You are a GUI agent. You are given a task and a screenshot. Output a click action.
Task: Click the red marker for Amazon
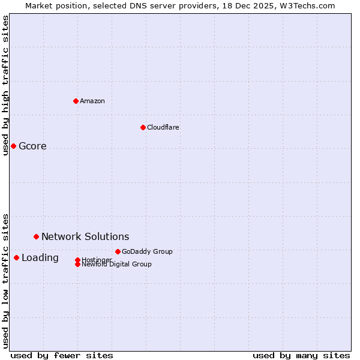(x=76, y=101)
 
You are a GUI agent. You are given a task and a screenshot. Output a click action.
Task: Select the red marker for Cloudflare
(x=143, y=127)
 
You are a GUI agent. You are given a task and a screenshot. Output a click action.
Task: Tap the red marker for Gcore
(x=13, y=146)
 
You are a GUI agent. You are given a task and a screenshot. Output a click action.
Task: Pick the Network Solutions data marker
(x=36, y=236)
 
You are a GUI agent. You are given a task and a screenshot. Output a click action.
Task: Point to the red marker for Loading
(x=16, y=257)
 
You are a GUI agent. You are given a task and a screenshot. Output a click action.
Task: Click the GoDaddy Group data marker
(x=118, y=251)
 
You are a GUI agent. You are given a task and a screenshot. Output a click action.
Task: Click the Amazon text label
(x=92, y=101)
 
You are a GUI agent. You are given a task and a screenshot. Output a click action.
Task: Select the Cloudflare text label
(x=163, y=127)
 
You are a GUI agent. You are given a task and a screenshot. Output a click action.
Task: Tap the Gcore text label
(x=32, y=146)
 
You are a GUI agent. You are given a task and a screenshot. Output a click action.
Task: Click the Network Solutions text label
(x=85, y=237)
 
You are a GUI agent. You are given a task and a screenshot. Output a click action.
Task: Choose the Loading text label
(x=40, y=258)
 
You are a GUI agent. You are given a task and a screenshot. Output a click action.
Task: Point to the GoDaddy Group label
(x=147, y=251)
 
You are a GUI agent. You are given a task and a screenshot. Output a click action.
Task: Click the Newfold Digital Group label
(x=117, y=265)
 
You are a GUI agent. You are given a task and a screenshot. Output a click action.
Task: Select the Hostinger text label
(x=97, y=259)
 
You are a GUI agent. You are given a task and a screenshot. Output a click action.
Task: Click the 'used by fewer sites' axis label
(x=62, y=355)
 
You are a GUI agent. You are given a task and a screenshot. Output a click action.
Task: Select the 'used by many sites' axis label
(x=301, y=355)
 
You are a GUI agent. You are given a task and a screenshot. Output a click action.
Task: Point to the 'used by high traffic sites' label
(x=5, y=85)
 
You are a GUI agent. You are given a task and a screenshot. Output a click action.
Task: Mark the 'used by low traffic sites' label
(x=5, y=280)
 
